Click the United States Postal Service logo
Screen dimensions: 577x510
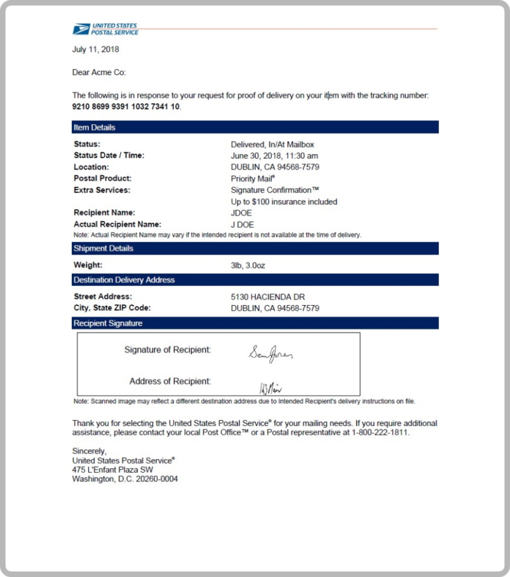(106, 29)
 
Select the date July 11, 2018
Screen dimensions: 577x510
(96, 49)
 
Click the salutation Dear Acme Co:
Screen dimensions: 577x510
(99, 72)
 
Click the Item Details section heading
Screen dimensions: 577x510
(94, 127)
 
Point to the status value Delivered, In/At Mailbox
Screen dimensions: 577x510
(272, 144)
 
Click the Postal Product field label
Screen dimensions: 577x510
(102, 178)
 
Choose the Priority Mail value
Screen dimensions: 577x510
(252, 178)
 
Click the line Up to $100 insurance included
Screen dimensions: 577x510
(284, 201)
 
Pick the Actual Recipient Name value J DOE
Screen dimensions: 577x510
(242, 225)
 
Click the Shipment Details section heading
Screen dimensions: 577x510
(103, 248)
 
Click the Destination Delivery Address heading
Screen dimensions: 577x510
(124, 280)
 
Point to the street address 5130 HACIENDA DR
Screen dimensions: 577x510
(268, 296)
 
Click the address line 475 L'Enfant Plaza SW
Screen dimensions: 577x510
(112, 469)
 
